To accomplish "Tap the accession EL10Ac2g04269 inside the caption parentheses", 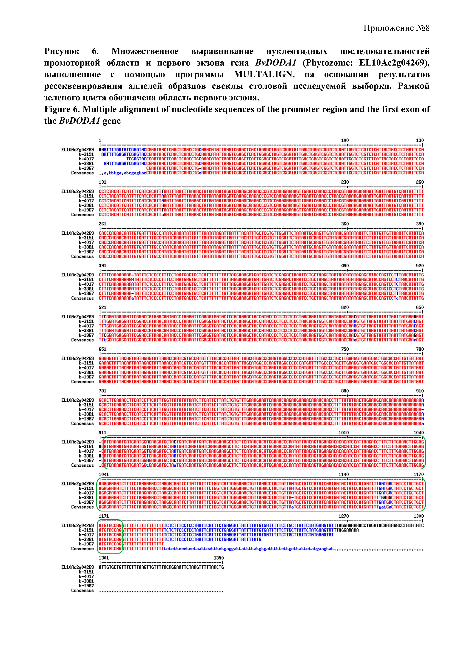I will [392, 63].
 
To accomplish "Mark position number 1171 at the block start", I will [104, 516].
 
